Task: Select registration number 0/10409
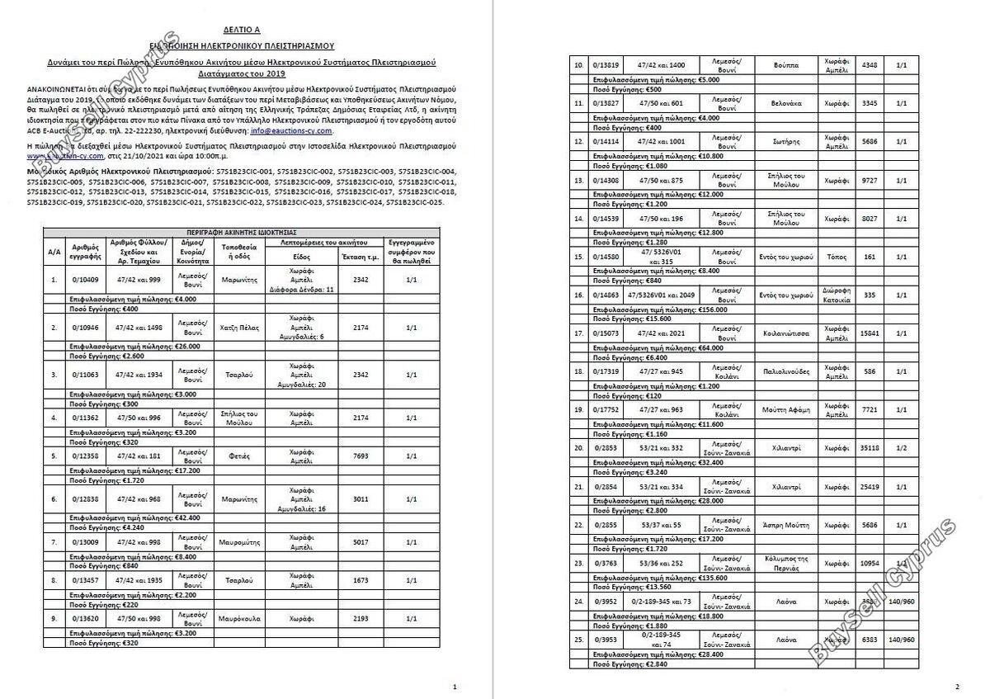click(85, 281)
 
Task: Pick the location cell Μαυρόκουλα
click(241, 618)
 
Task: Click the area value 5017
click(361, 542)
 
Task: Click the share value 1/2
click(901, 447)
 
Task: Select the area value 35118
click(870, 447)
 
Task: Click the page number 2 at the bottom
click(957, 687)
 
